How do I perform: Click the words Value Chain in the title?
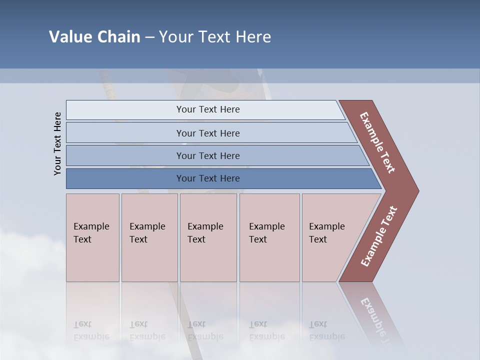(94, 37)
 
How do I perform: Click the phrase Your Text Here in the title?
(215, 37)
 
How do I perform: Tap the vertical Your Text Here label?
(58, 143)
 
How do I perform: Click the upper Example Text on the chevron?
(377, 142)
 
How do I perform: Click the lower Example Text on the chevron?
(379, 236)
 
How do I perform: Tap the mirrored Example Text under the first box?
(91, 330)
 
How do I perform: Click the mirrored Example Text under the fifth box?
(326, 330)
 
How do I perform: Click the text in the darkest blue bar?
(208, 178)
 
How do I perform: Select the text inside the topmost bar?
(208, 109)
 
